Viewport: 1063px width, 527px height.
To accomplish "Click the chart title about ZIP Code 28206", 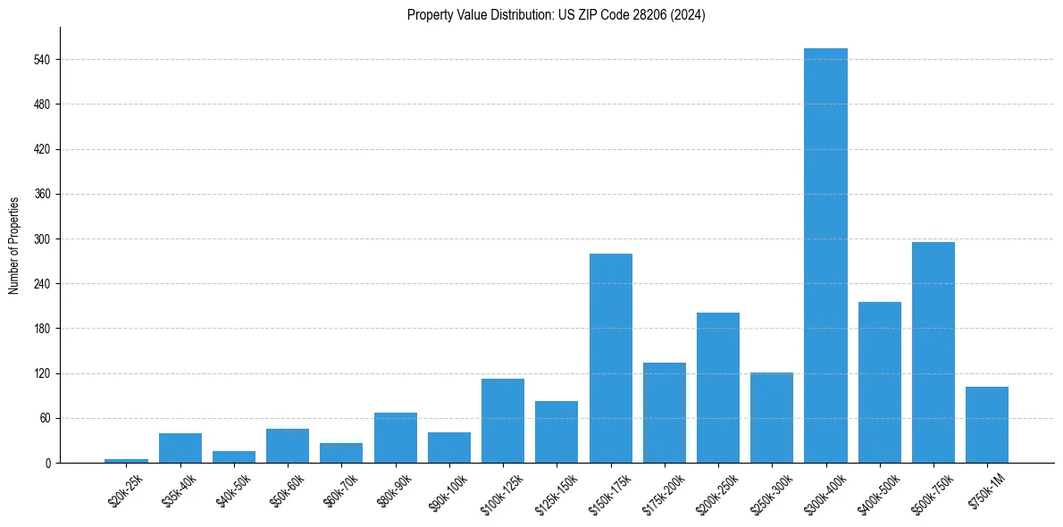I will point(556,15).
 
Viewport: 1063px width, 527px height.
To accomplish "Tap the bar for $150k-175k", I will point(610,358).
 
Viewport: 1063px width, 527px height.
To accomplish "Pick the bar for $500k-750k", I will point(933,352).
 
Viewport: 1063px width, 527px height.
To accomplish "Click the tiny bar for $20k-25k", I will point(126,461).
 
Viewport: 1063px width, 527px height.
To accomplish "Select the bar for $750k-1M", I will point(986,424).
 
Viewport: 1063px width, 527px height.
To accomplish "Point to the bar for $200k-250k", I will point(718,388).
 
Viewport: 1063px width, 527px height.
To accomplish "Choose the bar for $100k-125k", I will point(503,421).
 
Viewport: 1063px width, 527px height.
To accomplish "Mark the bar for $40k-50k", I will point(234,456).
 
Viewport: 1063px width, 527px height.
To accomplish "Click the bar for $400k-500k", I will point(879,382).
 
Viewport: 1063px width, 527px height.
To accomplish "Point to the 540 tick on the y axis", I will point(46,60).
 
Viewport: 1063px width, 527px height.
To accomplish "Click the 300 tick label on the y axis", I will point(46,239).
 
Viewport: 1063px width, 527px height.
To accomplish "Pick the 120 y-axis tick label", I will point(46,373).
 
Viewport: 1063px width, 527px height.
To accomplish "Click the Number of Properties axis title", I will point(14,245).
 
